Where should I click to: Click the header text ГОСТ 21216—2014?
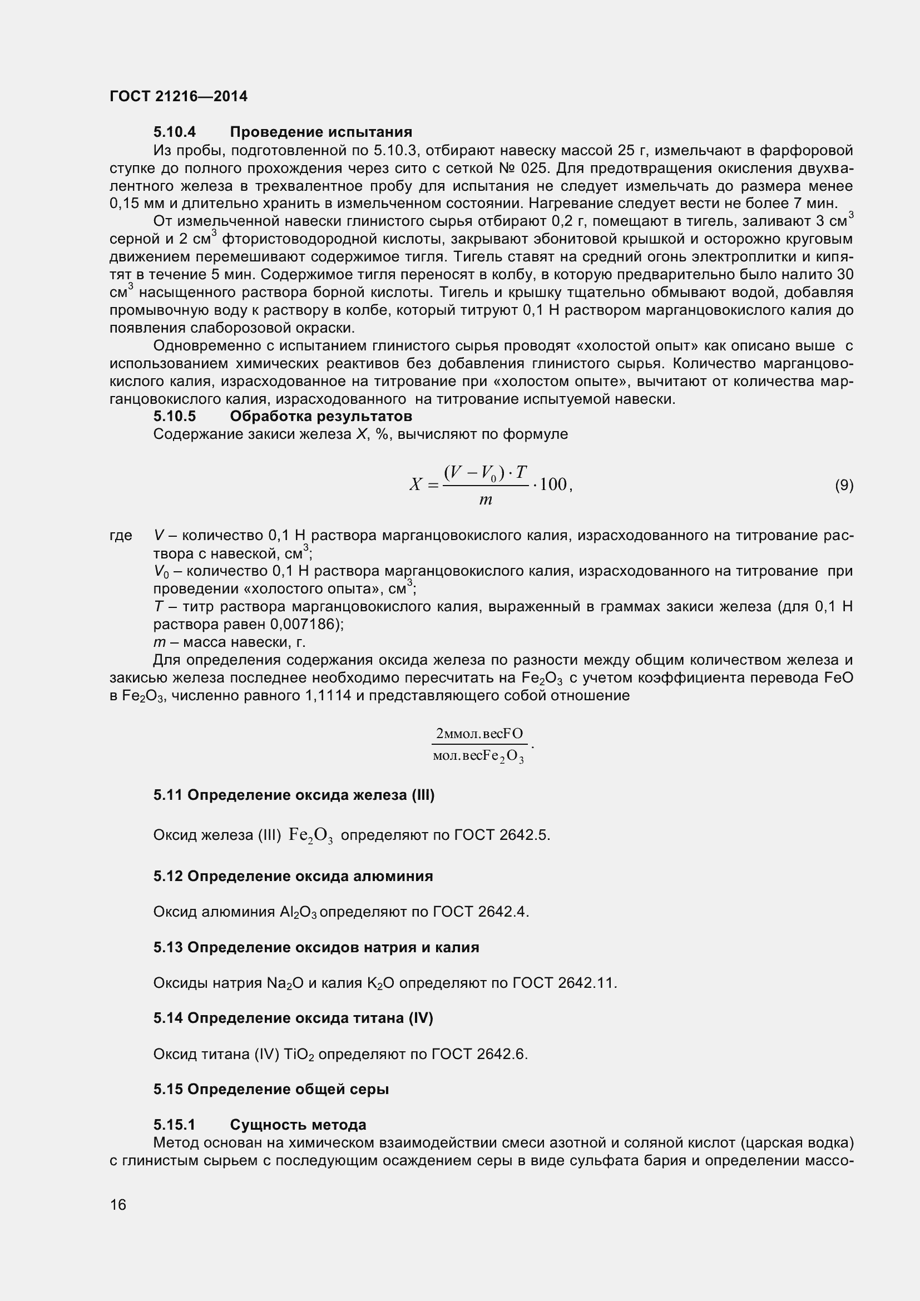pyautogui.click(x=179, y=96)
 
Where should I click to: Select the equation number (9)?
pyautogui.click(x=844, y=485)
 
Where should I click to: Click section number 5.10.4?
pyautogui.click(x=175, y=132)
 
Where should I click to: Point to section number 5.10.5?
pyautogui.click(x=175, y=417)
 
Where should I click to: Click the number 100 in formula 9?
pyautogui.click(x=553, y=484)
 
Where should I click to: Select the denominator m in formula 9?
pyautogui.click(x=486, y=500)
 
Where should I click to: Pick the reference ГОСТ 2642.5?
pyautogui.click(x=502, y=835)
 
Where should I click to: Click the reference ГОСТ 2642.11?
pyautogui.click(x=563, y=983)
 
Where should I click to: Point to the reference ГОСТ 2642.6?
pyautogui.click(x=479, y=1055)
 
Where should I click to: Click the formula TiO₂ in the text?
pyautogui.click(x=303, y=1055)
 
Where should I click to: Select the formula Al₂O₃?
pyautogui.click(x=299, y=912)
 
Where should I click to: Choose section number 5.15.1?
pyautogui.click(x=175, y=1125)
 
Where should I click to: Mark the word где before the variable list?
pyautogui.click(x=121, y=536)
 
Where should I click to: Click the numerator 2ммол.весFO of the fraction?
pyautogui.click(x=479, y=734)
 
